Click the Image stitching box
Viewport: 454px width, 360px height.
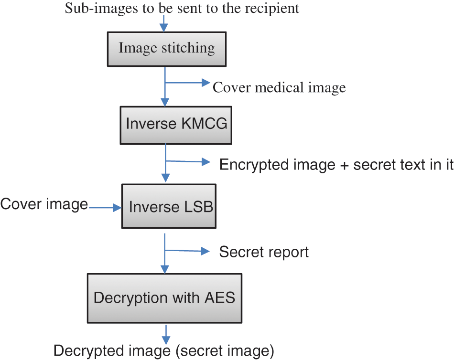(166, 49)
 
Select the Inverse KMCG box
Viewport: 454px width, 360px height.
(176, 124)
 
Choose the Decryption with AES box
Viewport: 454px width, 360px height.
(164, 298)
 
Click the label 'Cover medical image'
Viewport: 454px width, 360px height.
(279, 87)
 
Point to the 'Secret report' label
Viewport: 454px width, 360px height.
(264, 252)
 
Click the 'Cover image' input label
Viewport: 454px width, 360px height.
(44, 204)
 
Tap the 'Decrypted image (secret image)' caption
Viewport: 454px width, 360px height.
(164, 351)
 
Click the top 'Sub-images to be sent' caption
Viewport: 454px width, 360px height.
(182, 8)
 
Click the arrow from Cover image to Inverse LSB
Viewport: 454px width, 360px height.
(105, 208)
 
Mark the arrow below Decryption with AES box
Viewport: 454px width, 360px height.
(165, 333)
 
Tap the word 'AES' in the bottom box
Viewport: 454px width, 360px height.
(220, 298)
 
